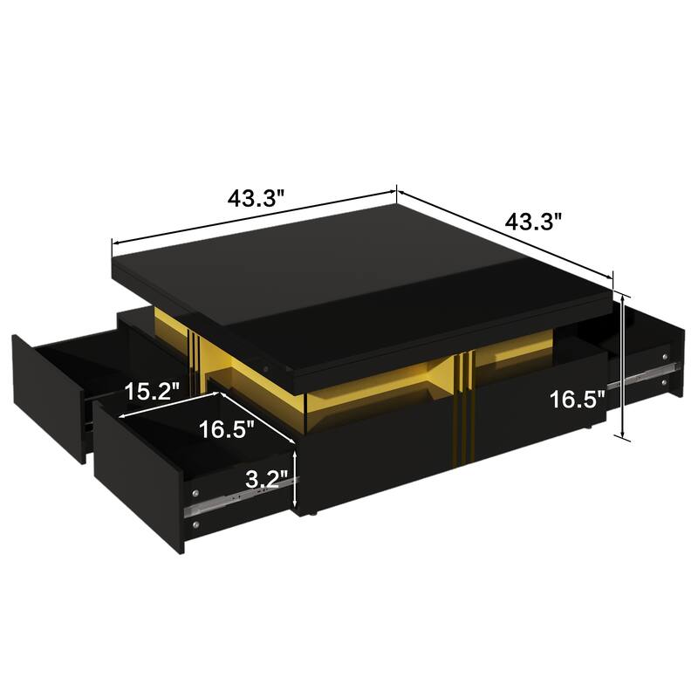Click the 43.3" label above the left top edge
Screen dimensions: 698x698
pos(257,198)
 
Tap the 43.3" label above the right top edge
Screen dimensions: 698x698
pos(532,222)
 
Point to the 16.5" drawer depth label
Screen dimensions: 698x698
pos(227,428)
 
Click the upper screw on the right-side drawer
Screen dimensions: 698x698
pos(667,356)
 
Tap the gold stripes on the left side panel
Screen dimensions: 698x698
pos(194,352)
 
